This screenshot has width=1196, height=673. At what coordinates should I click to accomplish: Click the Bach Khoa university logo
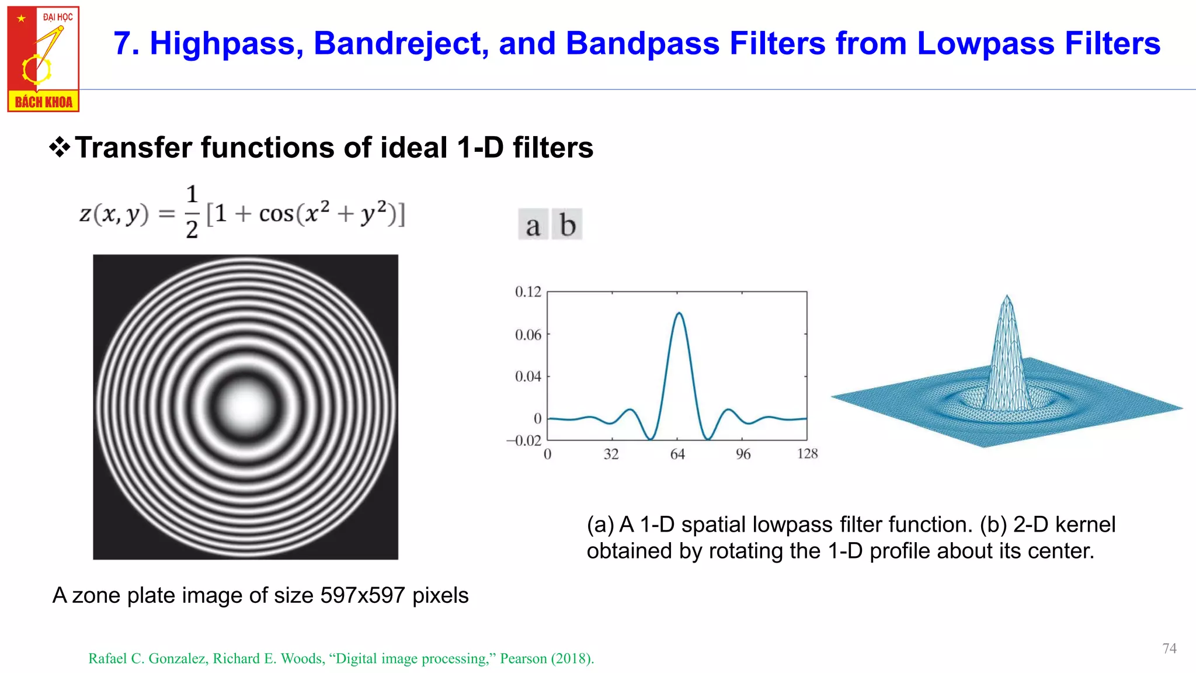[x=43, y=59]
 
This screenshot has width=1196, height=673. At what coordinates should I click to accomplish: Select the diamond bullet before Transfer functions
[x=60, y=147]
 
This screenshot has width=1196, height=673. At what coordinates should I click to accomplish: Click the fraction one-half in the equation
[x=192, y=212]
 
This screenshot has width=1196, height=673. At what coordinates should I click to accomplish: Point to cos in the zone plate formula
[x=276, y=214]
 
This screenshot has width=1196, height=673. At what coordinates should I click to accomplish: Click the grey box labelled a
[x=533, y=225]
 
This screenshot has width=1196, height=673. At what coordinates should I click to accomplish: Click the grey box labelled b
[x=567, y=225]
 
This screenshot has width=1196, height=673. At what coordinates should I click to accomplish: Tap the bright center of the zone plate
[x=246, y=407]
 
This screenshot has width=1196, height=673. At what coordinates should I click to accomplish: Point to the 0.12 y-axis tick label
[x=528, y=292]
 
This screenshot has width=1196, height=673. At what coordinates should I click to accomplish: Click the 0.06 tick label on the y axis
[x=528, y=335]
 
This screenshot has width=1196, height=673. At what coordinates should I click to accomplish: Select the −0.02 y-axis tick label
[x=524, y=440]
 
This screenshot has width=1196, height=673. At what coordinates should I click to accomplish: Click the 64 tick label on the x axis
[x=677, y=454]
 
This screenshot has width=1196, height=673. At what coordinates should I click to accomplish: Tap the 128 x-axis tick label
[x=807, y=453]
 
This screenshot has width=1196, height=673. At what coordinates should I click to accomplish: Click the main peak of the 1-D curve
[x=679, y=314]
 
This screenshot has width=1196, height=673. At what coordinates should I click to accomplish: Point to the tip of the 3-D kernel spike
[x=1007, y=297]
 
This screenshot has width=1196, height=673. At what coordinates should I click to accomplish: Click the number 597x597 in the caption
[x=363, y=595]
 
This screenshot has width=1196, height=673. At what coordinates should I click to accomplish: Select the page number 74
[x=1169, y=648]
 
